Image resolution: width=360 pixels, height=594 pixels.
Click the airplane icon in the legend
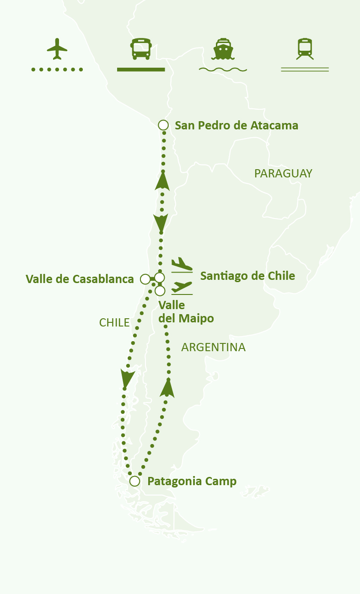click(x=57, y=49)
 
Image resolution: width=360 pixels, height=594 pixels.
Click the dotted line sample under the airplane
click(x=57, y=70)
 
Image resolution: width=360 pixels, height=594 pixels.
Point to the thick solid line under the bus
click(x=141, y=70)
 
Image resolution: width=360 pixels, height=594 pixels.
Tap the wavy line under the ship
click(x=223, y=70)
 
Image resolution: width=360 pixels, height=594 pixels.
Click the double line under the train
click(x=305, y=70)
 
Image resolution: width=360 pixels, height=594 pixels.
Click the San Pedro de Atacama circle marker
click(x=163, y=125)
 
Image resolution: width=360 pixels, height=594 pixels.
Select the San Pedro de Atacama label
click(x=236, y=125)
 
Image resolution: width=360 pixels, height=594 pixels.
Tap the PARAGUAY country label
click(x=283, y=173)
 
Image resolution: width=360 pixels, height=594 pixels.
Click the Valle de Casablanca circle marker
click(x=145, y=278)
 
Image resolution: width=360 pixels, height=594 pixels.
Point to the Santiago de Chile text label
click(x=247, y=276)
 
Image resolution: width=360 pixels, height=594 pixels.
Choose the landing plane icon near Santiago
click(x=182, y=265)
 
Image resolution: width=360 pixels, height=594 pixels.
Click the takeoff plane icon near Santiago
click(x=182, y=288)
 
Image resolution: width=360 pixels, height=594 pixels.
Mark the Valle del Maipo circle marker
click(x=160, y=290)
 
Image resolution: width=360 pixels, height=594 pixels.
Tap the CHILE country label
click(x=114, y=322)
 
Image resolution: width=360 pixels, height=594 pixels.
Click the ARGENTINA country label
click(x=213, y=348)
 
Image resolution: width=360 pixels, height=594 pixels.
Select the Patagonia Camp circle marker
click(x=134, y=481)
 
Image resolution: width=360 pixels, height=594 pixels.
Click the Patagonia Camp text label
click(x=192, y=481)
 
